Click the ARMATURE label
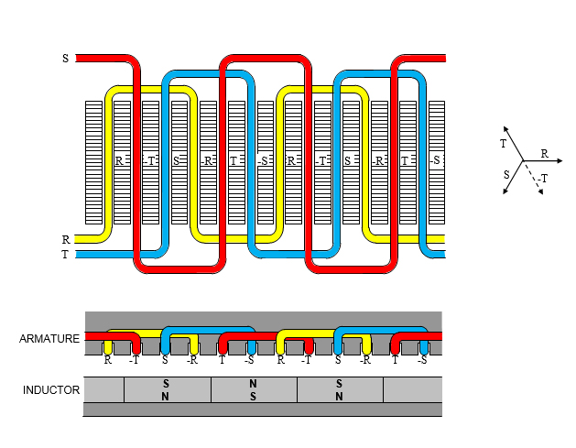(x=49, y=339)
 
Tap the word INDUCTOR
(x=51, y=390)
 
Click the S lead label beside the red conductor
(x=65, y=59)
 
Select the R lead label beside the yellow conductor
(x=65, y=240)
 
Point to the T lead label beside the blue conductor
(x=65, y=255)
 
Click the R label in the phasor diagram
(x=544, y=154)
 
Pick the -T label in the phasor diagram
(x=543, y=179)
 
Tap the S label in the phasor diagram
(x=505, y=173)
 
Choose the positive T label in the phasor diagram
(x=503, y=144)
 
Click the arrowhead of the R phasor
(x=560, y=161)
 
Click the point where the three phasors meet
(x=523, y=161)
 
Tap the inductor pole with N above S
(x=254, y=389)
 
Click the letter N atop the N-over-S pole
(x=254, y=383)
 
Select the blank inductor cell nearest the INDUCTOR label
(x=103, y=389)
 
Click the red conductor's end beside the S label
(x=79, y=59)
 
